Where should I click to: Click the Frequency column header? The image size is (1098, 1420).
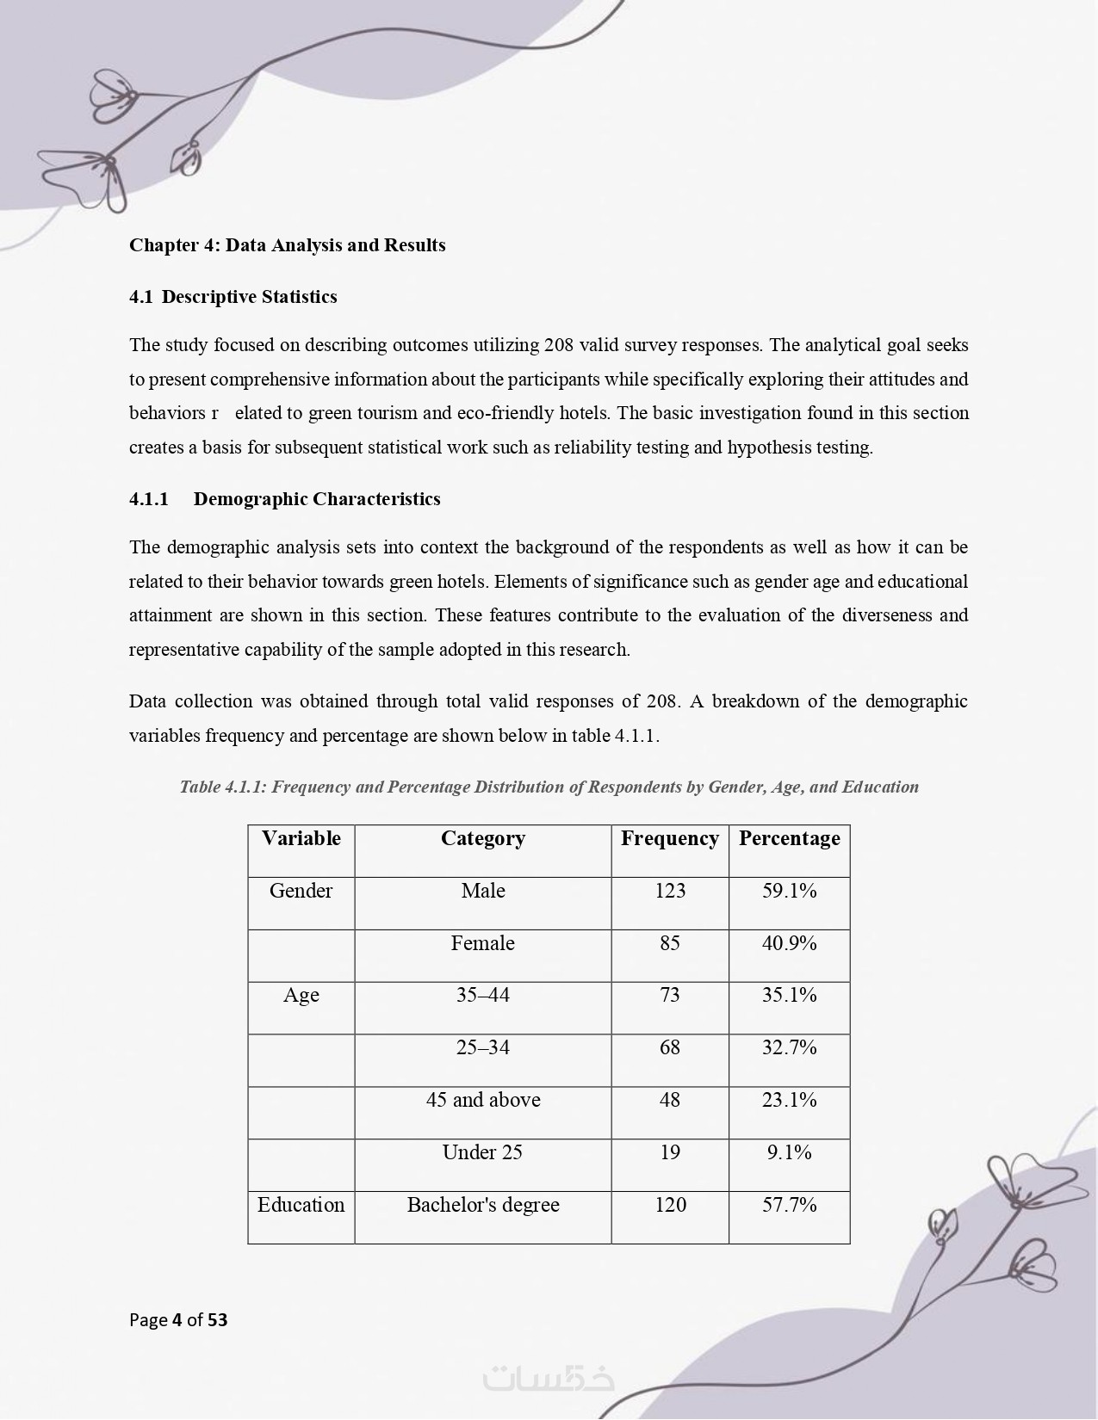point(669,839)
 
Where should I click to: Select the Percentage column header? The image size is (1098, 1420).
point(789,839)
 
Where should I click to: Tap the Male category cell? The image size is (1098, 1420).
point(482,891)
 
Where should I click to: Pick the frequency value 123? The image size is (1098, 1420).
point(670,891)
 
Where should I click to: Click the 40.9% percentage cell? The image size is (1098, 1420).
point(789,943)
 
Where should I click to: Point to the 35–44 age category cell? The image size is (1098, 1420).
point(482,996)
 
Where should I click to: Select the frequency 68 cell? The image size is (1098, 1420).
point(670,1048)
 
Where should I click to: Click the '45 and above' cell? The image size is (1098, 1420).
point(482,1100)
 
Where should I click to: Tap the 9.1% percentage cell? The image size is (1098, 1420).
point(789,1152)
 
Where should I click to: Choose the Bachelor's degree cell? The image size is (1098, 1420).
point(482,1205)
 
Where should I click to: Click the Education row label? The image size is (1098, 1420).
point(301,1205)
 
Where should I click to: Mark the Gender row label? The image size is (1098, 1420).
point(301,891)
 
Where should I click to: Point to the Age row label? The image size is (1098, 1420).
point(301,996)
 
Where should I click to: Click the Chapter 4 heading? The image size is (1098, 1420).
point(287,245)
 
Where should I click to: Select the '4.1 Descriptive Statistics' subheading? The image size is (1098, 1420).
point(233,297)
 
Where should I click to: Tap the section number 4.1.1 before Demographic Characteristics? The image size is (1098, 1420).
point(148,499)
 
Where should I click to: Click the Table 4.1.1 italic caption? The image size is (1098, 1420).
point(549,787)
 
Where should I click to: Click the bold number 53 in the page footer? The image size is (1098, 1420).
point(218,1319)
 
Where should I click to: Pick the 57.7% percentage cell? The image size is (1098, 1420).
point(789,1205)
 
